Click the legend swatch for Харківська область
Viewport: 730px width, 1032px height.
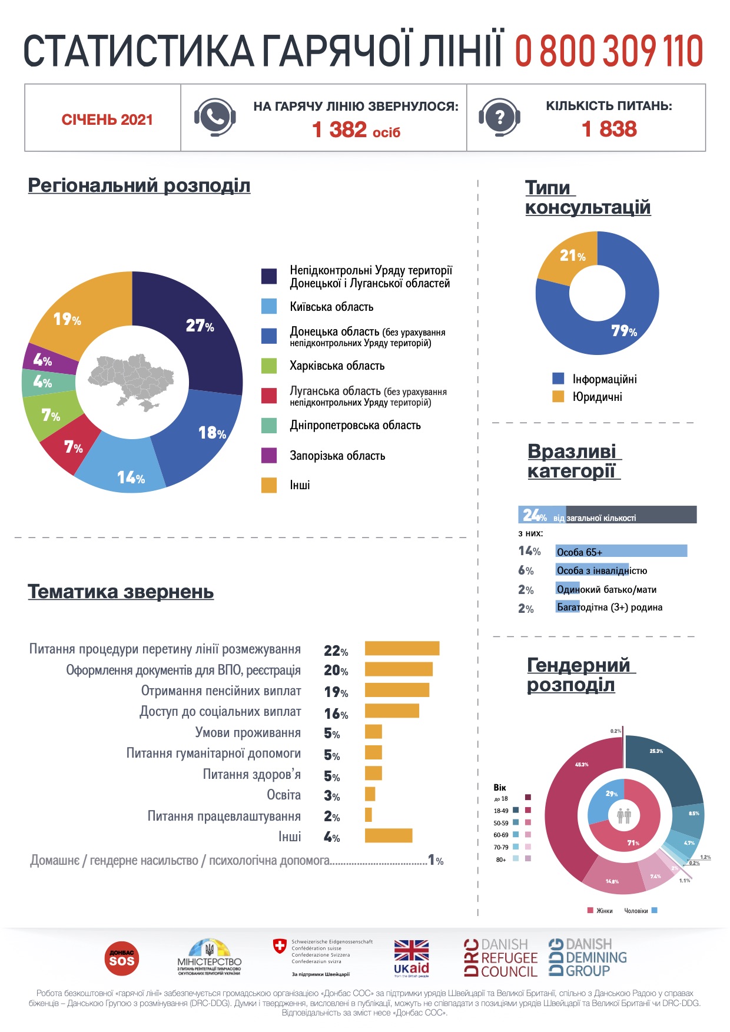point(269,366)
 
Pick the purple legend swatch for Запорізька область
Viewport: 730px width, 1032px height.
point(269,455)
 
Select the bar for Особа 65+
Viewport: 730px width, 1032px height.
point(621,551)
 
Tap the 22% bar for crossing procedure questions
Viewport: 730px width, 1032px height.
point(402,648)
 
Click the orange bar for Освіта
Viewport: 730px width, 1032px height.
point(370,794)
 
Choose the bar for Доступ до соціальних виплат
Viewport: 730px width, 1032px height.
point(391,711)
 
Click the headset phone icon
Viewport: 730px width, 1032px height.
point(215,117)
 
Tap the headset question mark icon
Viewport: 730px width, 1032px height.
point(499,117)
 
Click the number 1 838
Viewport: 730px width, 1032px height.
point(609,129)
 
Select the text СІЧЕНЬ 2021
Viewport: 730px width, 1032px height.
point(107,120)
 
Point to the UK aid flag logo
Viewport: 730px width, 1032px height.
point(411,957)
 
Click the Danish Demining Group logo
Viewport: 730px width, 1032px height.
point(587,957)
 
